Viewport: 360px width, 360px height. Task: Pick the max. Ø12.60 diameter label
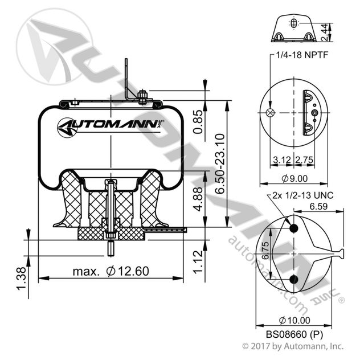click(111, 271)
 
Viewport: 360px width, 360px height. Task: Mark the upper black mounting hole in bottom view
click(294, 228)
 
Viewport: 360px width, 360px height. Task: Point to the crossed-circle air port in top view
click(271, 112)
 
